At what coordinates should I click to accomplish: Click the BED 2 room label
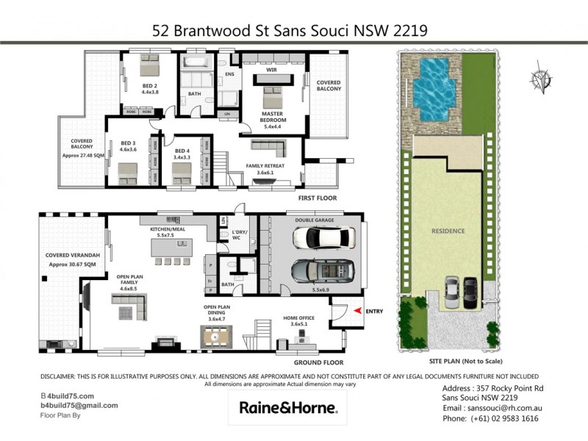149,87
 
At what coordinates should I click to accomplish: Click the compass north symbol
542,79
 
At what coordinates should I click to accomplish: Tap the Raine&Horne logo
288,407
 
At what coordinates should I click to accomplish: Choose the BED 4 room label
181,151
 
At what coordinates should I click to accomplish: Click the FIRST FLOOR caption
316,198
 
